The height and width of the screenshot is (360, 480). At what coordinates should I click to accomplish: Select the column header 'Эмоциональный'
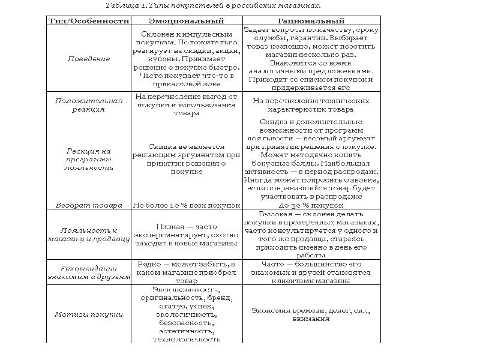[187, 20]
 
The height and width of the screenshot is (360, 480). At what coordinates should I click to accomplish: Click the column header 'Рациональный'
[311, 20]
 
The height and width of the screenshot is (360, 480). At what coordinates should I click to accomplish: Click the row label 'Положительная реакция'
[88, 105]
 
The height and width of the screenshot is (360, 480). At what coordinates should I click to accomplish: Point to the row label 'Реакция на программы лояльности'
[88, 159]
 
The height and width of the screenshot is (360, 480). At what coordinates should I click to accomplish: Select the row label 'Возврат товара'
[88, 205]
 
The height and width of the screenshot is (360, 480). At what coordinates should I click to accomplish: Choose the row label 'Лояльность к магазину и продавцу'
[88, 234]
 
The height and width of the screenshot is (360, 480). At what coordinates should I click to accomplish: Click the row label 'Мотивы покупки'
[88, 314]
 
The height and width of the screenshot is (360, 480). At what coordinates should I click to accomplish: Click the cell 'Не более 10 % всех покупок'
[187, 205]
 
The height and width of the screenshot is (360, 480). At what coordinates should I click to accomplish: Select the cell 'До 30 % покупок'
[311, 205]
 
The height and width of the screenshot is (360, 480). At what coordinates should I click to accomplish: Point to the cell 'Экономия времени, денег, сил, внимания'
[311, 314]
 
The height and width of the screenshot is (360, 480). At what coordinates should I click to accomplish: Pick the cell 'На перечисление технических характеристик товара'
[311, 105]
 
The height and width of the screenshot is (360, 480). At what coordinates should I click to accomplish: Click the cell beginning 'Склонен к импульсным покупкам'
[187, 59]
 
